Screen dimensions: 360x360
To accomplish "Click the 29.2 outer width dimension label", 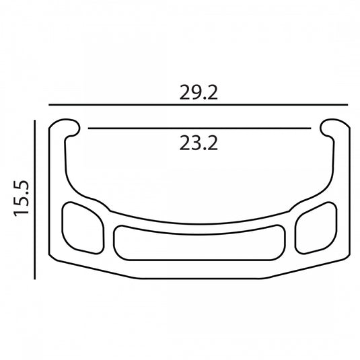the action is pyautogui.click(x=199, y=92).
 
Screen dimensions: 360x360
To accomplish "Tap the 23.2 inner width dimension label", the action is pyautogui.click(x=199, y=143).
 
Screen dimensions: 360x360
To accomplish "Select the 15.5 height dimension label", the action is pyautogui.click(x=22, y=199).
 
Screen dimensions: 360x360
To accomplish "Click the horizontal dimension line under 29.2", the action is pyautogui.click(x=199, y=105).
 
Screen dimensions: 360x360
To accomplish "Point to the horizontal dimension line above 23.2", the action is pyautogui.click(x=200, y=129).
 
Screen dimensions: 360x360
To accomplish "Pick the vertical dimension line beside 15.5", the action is pyautogui.click(x=35, y=200).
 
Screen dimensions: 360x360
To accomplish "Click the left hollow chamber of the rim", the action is pyautogui.click(x=83, y=228).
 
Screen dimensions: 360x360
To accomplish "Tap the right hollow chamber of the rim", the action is pyautogui.click(x=316, y=228).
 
